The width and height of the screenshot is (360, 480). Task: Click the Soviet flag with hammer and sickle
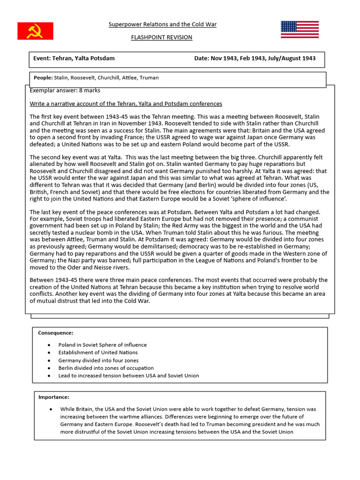click(36, 31)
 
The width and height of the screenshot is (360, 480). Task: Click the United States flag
click(300, 30)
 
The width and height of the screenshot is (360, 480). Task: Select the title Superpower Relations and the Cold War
click(162, 24)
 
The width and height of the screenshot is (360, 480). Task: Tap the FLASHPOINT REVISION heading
click(162, 37)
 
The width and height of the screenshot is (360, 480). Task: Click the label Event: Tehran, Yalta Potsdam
click(74, 59)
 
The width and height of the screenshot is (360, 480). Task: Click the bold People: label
click(43, 78)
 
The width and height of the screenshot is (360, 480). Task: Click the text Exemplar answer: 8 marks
click(65, 90)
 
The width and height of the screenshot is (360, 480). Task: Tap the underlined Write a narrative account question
click(126, 104)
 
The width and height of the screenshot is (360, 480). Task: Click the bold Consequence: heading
click(55, 333)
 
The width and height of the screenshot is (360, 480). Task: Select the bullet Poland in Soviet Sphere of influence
click(102, 345)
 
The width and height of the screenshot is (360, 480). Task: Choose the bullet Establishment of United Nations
click(98, 352)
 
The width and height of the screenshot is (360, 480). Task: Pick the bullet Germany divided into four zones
click(98, 360)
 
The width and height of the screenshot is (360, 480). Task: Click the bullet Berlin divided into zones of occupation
click(106, 368)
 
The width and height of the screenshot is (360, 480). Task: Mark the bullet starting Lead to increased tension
click(128, 375)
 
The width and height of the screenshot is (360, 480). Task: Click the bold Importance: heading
click(53, 397)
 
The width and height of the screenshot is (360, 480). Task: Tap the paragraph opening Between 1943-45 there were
click(180, 291)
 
